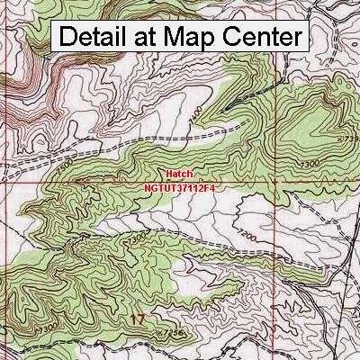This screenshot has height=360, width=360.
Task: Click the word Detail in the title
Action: [100, 39]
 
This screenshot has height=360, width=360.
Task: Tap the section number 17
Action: [138, 319]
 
